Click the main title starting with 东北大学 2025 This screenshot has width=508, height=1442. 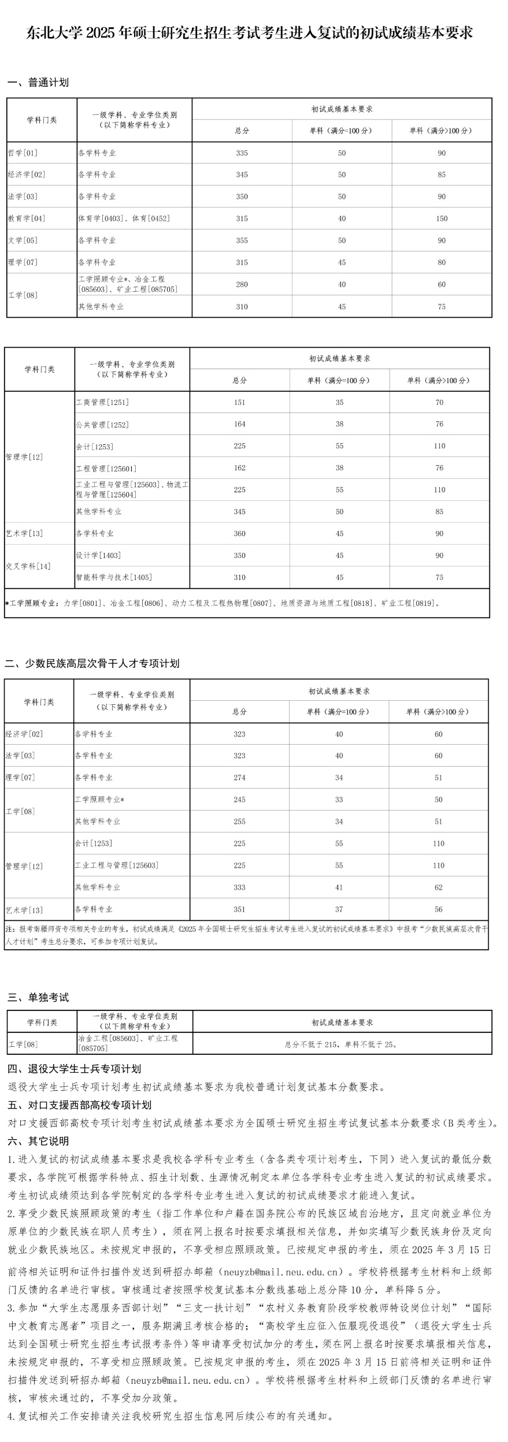click(250, 33)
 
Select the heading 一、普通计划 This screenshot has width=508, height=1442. click(38, 83)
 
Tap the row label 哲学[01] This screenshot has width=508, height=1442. click(23, 153)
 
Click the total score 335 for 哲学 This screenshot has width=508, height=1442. click(242, 153)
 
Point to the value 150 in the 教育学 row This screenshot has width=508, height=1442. click(442, 219)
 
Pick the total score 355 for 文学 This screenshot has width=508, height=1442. click(242, 240)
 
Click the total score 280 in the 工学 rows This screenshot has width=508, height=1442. click(242, 284)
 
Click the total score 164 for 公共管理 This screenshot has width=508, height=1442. click(239, 424)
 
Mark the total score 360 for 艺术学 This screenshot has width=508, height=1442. click(239, 534)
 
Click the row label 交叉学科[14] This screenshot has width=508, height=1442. click(28, 566)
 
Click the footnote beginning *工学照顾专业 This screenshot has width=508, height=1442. click(223, 603)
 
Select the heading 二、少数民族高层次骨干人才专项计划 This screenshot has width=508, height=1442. click(92, 663)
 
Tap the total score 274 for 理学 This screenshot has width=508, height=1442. click(239, 778)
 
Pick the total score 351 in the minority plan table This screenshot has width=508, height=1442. click(239, 909)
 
